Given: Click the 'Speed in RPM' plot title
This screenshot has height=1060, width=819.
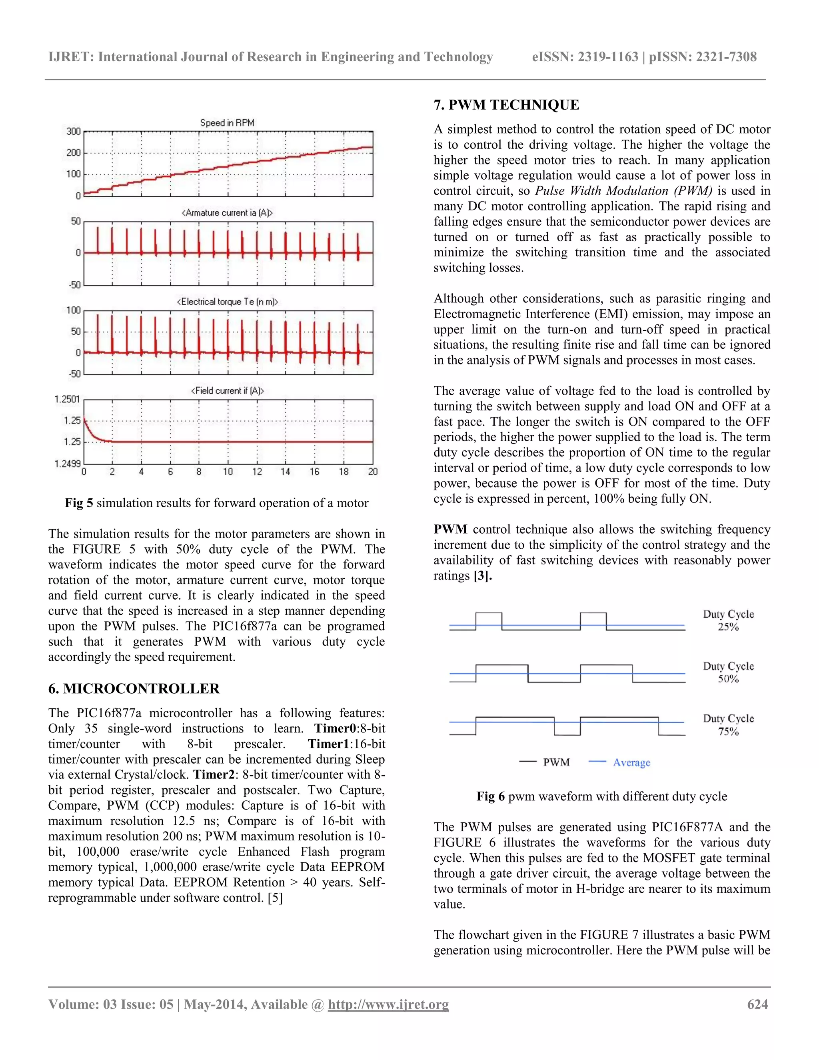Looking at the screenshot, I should click(227, 123).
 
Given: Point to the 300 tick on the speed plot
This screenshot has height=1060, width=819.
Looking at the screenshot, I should click(74, 132).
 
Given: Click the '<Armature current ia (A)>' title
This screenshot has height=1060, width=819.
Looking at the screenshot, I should click(227, 212).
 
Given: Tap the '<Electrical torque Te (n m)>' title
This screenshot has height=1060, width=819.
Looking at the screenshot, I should click(227, 302).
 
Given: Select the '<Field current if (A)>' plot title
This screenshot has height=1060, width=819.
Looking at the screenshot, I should click(227, 391).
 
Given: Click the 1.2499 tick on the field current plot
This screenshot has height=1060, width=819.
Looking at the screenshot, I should click(68, 464).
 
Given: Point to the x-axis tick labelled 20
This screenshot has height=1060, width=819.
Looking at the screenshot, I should click(373, 472).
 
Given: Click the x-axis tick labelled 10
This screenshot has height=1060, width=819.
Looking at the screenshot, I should click(228, 472).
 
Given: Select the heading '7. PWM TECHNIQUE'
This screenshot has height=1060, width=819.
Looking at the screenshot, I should click(506, 105).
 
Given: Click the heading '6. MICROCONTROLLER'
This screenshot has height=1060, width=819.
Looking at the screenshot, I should click(134, 688).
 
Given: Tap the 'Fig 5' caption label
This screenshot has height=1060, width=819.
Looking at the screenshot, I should click(79, 503).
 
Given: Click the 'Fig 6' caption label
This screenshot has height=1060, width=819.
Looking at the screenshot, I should click(490, 796).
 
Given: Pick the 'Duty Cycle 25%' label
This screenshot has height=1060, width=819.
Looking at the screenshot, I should click(728, 620).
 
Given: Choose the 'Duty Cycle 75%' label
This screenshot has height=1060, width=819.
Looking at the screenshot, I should click(728, 725).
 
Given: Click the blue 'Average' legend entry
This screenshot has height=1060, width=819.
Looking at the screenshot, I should click(631, 762).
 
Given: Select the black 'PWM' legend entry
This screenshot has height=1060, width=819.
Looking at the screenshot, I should click(556, 762).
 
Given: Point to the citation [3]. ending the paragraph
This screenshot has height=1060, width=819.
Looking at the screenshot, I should click(482, 576).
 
